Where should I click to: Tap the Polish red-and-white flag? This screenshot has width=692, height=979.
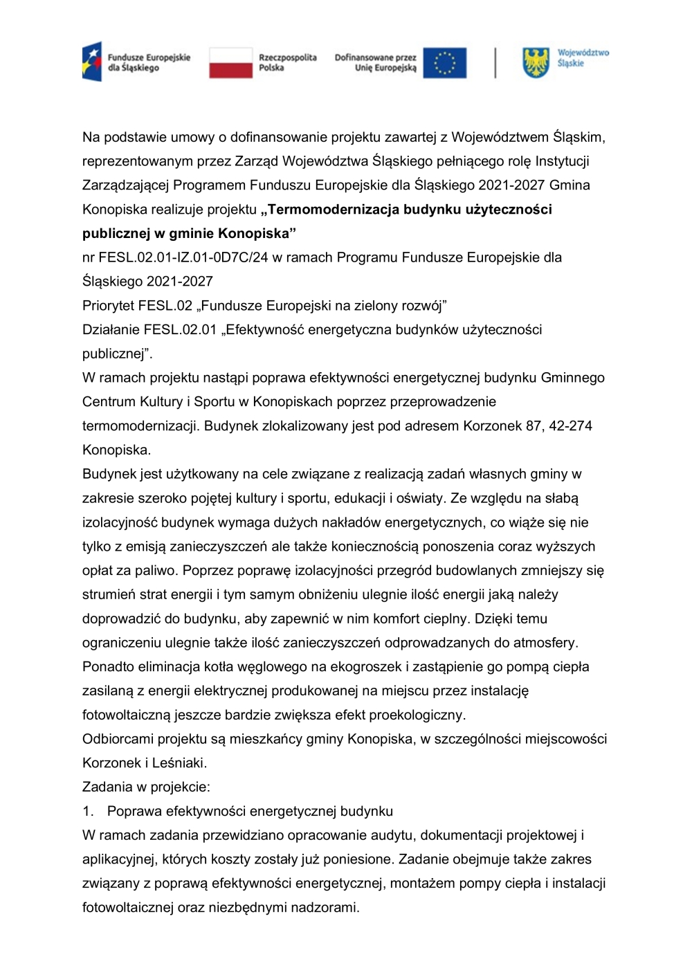click(x=230, y=62)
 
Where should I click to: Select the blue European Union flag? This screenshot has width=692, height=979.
click(x=444, y=63)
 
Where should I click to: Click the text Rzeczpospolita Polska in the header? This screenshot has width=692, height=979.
click(x=287, y=62)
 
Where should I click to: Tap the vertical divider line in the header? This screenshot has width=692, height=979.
click(x=495, y=63)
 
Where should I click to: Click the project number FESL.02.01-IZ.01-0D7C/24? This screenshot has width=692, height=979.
click(x=183, y=257)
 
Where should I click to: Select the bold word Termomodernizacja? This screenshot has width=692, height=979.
click(x=329, y=209)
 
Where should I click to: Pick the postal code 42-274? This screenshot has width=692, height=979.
click(x=570, y=426)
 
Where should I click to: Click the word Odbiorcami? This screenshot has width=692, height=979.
click(x=118, y=739)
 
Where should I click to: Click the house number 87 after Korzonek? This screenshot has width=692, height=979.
click(x=534, y=426)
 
